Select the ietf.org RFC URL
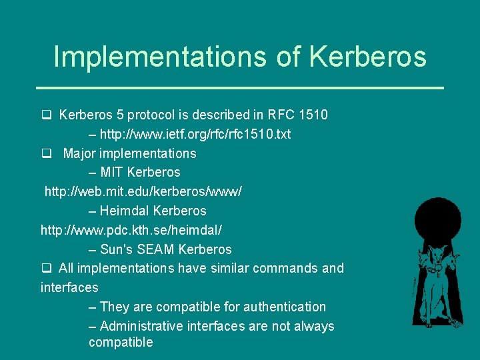[195, 134]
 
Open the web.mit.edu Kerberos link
[143, 191]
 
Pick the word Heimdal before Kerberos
[125, 211]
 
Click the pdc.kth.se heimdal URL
[131, 230]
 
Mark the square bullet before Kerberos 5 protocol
[46, 115]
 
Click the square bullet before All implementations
[46, 268]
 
